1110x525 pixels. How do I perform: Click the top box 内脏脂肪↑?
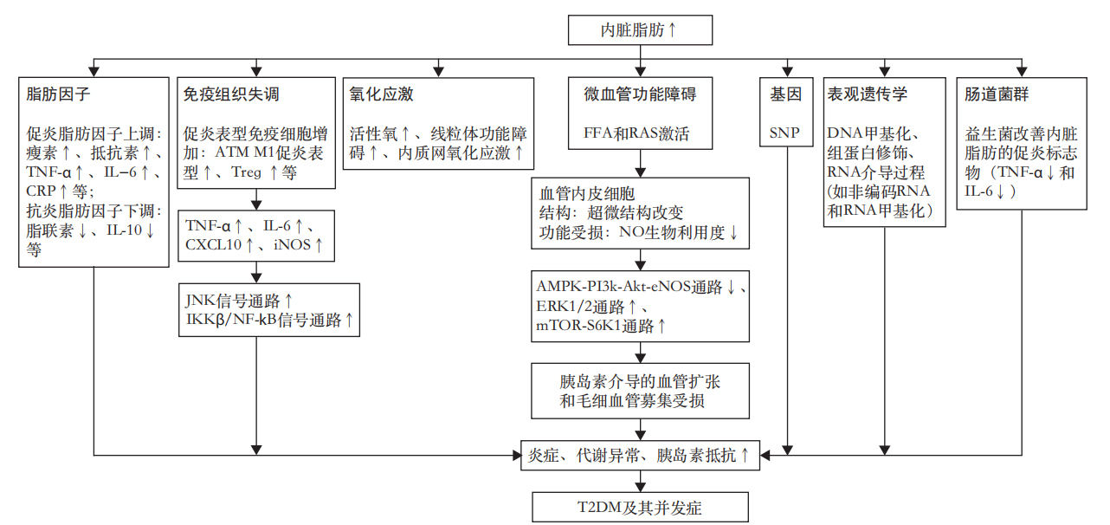coord(640,29)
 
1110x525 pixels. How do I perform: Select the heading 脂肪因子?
coord(59,94)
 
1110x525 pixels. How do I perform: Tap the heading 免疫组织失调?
coord(231,94)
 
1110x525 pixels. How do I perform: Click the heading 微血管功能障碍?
coord(640,94)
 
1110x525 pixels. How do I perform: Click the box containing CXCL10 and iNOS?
coord(255,235)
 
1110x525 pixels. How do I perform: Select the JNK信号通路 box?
coord(268,310)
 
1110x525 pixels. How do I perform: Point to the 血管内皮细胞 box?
coord(640,214)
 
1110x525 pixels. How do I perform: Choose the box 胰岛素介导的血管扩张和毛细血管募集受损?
coord(640,391)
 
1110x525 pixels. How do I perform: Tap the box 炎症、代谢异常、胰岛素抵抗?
coord(640,454)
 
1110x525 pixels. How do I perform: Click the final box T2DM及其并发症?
coord(640,508)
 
